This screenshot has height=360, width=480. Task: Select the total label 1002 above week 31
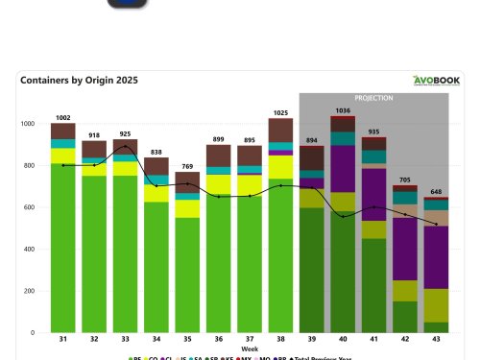pyautogui.click(x=63, y=116)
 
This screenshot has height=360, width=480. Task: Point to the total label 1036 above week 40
pyautogui.click(x=342, y=110)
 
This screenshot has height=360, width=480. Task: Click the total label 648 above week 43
pyautogui.click(x=437, y=191)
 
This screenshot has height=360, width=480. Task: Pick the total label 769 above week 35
pyautogui.click(x=188, y=166)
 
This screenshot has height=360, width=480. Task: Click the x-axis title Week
pyautogui.click(x=249, y=349)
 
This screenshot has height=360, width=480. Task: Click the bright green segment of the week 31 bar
pyautogui.click(x=63, y=250)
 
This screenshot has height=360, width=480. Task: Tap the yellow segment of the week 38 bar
pyautogui.click(x=280, y=166)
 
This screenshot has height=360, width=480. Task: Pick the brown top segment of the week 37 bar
pyautogui.click(x=249, y=156)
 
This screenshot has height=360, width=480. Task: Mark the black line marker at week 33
pyautogui.click(x=126, y=147)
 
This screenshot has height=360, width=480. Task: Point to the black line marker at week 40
pyautogui.click(x=342, y=216)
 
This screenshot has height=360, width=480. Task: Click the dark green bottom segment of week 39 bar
pyautogui.click(x=311, y=269)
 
